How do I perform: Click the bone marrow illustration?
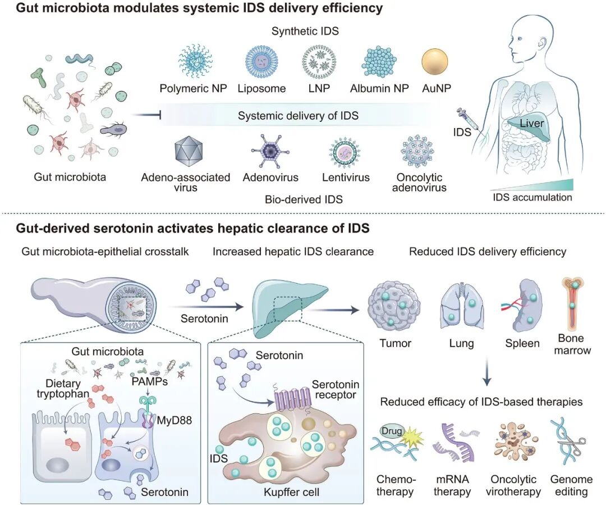pos(572,303)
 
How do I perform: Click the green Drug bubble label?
pos(390,430)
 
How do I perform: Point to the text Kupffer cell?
pos(292,492)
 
